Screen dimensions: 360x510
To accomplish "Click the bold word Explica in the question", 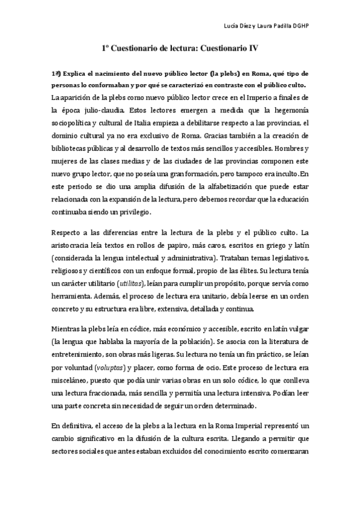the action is point(75,73).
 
